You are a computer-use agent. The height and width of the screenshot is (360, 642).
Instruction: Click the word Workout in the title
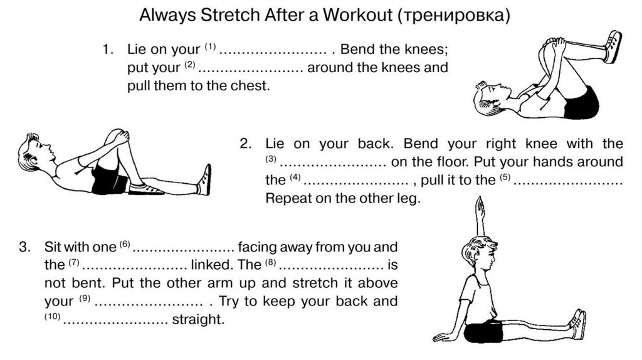point(357,15)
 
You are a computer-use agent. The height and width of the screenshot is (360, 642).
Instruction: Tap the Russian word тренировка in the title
point(453,16)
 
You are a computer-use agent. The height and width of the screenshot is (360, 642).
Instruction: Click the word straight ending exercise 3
point(198,319)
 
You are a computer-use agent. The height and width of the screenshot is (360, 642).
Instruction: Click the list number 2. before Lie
point(246,144)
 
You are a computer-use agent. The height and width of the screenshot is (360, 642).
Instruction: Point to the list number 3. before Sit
point(24,247)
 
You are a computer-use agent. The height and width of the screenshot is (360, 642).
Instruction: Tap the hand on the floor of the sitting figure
point(442,337)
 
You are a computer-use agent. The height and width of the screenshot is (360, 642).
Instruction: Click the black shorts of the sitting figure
point(483,332)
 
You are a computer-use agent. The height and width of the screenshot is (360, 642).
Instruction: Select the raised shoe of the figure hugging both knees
point(612,46)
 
